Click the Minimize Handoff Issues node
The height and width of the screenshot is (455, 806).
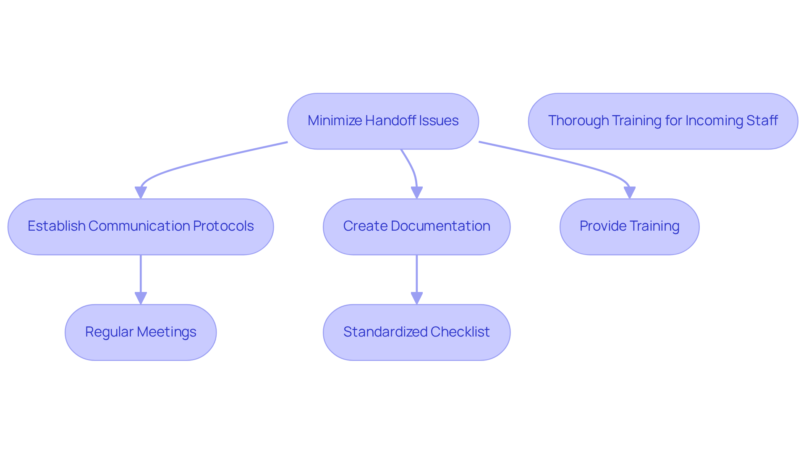point(383,121)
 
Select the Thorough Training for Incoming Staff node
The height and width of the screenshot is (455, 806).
point(663,121)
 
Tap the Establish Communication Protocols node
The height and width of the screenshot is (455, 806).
point(141,227)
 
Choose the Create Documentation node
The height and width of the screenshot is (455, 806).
point(416,227)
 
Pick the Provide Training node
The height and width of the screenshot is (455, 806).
point(629,227)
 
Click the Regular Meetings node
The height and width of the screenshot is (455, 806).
point(141,332)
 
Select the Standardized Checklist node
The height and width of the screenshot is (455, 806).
point(416,332)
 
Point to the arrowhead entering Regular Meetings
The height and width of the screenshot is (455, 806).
point(141,298)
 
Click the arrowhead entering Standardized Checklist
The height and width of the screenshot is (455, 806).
point(416,298)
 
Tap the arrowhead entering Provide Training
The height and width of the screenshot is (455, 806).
point(629,192)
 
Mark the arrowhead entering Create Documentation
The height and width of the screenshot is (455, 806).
point(416,192)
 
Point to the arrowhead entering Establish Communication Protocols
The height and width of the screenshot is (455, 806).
point(141,192)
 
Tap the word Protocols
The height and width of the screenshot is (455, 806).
point(223,226)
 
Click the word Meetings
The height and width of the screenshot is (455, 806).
point(167,332)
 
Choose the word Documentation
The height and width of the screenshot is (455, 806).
point(440,226)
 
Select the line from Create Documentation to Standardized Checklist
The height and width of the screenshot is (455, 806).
point(416,274)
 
